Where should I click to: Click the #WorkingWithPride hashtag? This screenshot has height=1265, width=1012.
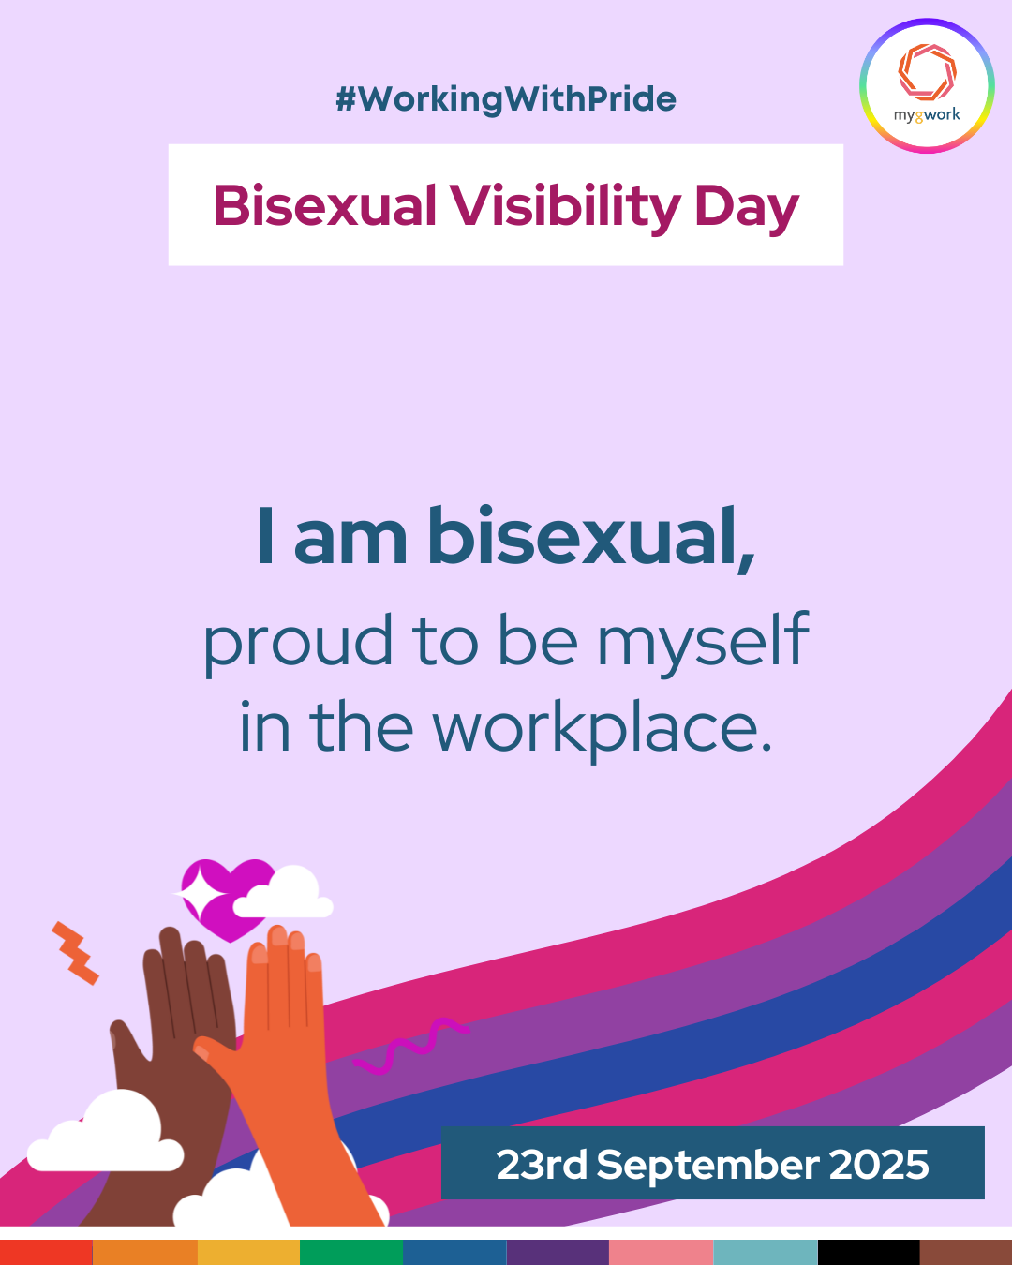click(506, 99)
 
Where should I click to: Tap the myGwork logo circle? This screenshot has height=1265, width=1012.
click(927, 86)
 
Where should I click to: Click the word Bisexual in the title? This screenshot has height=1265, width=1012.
click(324, 206)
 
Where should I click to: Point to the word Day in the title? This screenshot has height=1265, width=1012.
click(747, 209)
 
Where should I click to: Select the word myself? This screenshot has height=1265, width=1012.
click(704, 643)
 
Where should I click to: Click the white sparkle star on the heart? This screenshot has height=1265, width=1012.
click(198, 894)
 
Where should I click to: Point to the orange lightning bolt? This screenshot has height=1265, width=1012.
click(75, 953)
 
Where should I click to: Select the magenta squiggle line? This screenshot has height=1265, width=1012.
click(411, 1046)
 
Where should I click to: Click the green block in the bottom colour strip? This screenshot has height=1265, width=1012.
click(351, 1252)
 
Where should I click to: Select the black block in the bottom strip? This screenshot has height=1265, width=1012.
click(869, 1252)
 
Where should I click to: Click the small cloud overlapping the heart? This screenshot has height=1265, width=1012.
click(283, 892)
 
